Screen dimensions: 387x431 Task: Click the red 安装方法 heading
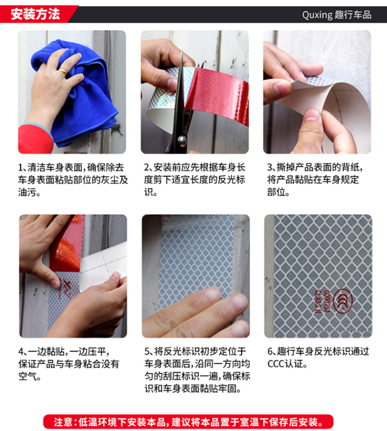tap(35, 14)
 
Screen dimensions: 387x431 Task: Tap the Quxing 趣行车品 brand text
tap(337, 15)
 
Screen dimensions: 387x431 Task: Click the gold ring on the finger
tap(62, 72)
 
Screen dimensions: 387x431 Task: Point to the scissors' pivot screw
tap(182, 141)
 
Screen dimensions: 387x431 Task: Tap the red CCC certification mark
tap(343, 302)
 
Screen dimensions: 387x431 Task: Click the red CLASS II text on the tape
tap(318, 302)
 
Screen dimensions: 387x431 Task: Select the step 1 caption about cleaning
tap(73, 180)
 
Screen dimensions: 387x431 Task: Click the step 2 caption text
tap(194, 180)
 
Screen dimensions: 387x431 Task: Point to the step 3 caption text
tap(314, 180)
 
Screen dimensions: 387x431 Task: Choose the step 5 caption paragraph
tap(197, 370)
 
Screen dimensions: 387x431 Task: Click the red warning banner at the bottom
tap(188, 422)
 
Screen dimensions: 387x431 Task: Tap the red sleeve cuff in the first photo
tap(35, 140)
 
